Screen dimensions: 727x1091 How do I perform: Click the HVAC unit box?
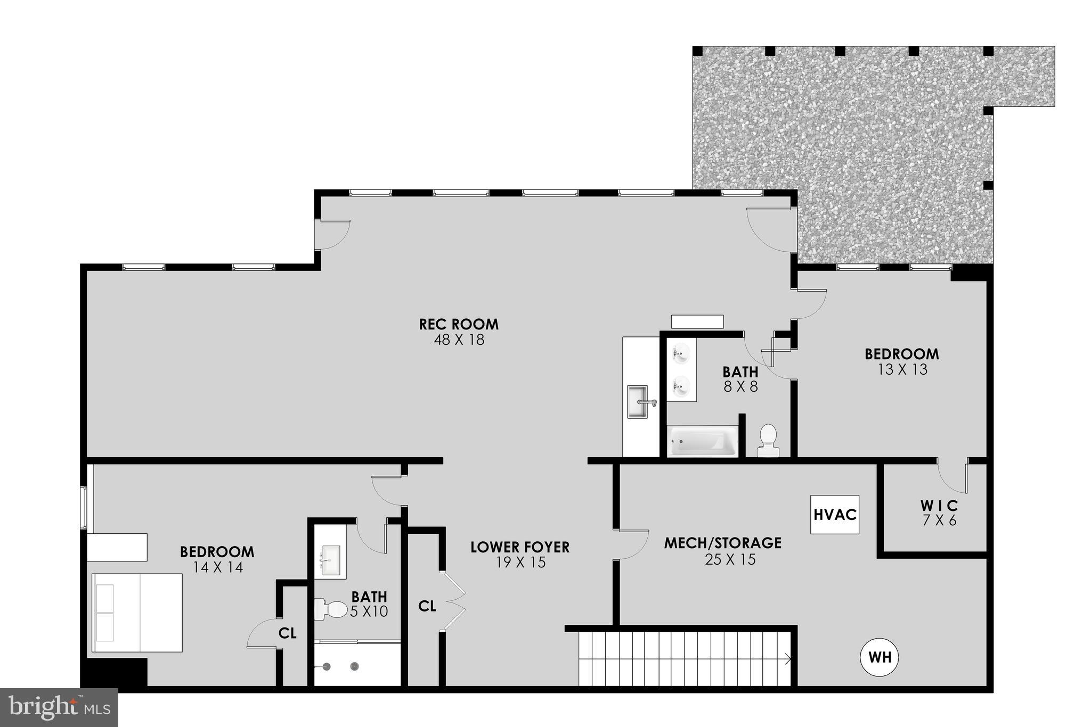834,515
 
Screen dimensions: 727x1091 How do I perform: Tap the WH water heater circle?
880,657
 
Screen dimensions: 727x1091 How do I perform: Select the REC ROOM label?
459,324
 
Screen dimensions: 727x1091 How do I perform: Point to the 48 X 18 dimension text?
459,340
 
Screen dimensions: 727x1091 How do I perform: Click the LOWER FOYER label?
520,547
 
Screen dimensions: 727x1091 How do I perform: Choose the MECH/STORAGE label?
722,543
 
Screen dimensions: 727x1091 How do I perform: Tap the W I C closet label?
939,506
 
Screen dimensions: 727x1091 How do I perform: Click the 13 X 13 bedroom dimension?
902,369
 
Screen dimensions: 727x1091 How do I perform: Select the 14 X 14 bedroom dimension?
217,567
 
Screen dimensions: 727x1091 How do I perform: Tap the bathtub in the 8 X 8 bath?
703,441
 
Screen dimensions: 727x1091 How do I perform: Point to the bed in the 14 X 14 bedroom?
137,613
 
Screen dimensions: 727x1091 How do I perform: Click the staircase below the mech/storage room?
684,659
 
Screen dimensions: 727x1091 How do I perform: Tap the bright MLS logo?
59,707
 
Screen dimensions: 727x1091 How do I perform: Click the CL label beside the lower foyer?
427,606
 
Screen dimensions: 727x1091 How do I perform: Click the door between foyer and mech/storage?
631,544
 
